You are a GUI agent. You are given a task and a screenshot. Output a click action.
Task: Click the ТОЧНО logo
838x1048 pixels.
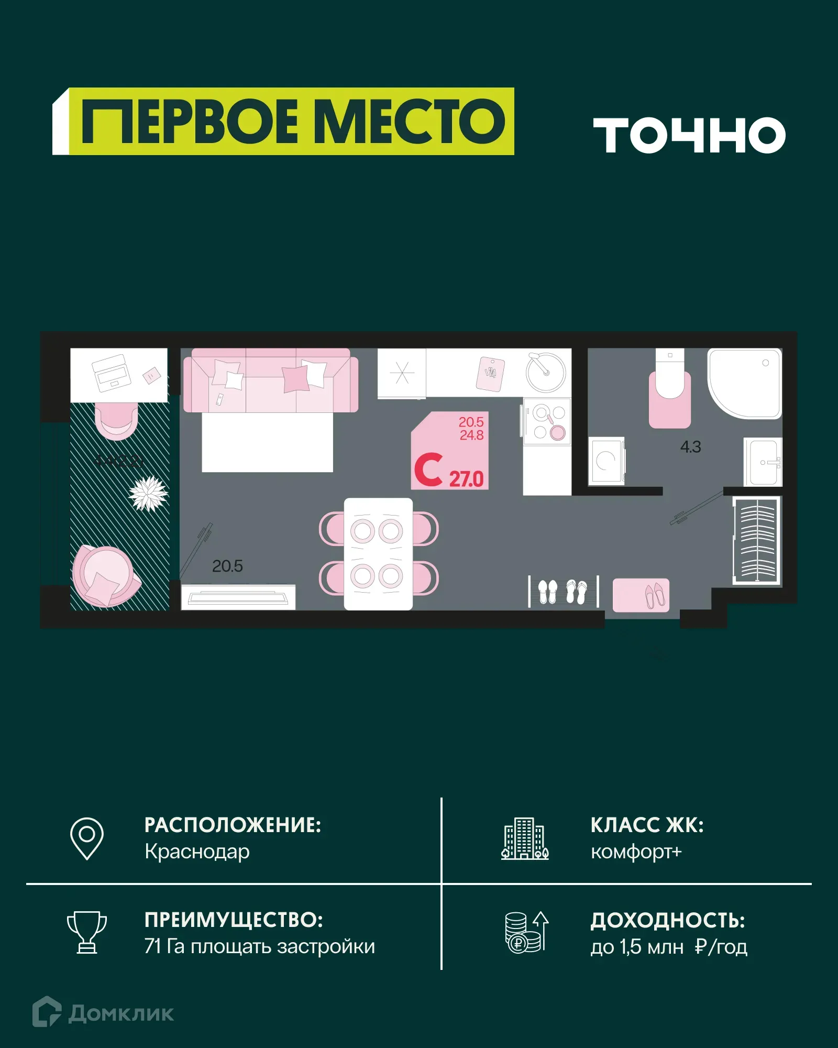pyautogui.click(x=689, y=135)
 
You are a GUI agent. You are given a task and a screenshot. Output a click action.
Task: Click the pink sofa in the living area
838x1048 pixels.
pyautogui.click(x=271, y=381)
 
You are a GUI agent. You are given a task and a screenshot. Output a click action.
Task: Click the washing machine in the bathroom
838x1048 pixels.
pyautogui.click(x=607, y=461)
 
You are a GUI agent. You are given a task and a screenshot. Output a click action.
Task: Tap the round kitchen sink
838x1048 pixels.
pyautogui.click(x=546, y=373)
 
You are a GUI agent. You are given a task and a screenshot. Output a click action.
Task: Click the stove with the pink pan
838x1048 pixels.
pyautogui.click(x=548, y=422)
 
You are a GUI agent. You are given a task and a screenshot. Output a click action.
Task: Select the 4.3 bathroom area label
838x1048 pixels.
pyautogui.click(x=690, y=447)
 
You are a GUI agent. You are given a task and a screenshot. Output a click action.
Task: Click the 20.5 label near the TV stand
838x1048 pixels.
pyautogui.click(x=227, y=566)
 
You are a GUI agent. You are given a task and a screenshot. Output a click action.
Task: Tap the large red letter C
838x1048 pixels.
pyautogui.click(x=428, y=470)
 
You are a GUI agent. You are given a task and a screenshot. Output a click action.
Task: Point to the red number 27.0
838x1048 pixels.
pyautogui.click(x=467, y=479)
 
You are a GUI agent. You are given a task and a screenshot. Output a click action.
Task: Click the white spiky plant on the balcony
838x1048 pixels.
pyautogui.click(x=148, y=493)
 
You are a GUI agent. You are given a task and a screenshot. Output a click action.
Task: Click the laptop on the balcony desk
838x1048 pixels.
pyautogui.click(x=112, y=372)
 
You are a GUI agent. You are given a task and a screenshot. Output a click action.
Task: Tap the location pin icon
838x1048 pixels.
pyautogui.click(x=87, y=838)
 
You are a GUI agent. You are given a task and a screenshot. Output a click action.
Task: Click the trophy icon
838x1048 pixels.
pyautogui.click(x=87, y=932)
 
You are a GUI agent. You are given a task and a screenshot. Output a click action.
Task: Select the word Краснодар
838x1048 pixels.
pyautogui.click(x=197, y=852)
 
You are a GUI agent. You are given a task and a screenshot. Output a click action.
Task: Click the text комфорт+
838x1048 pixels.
pyautogui.click(x=636, y=852)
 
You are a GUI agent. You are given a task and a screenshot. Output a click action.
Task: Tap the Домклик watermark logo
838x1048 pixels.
pyautogui.click(x=103, y=1012)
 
